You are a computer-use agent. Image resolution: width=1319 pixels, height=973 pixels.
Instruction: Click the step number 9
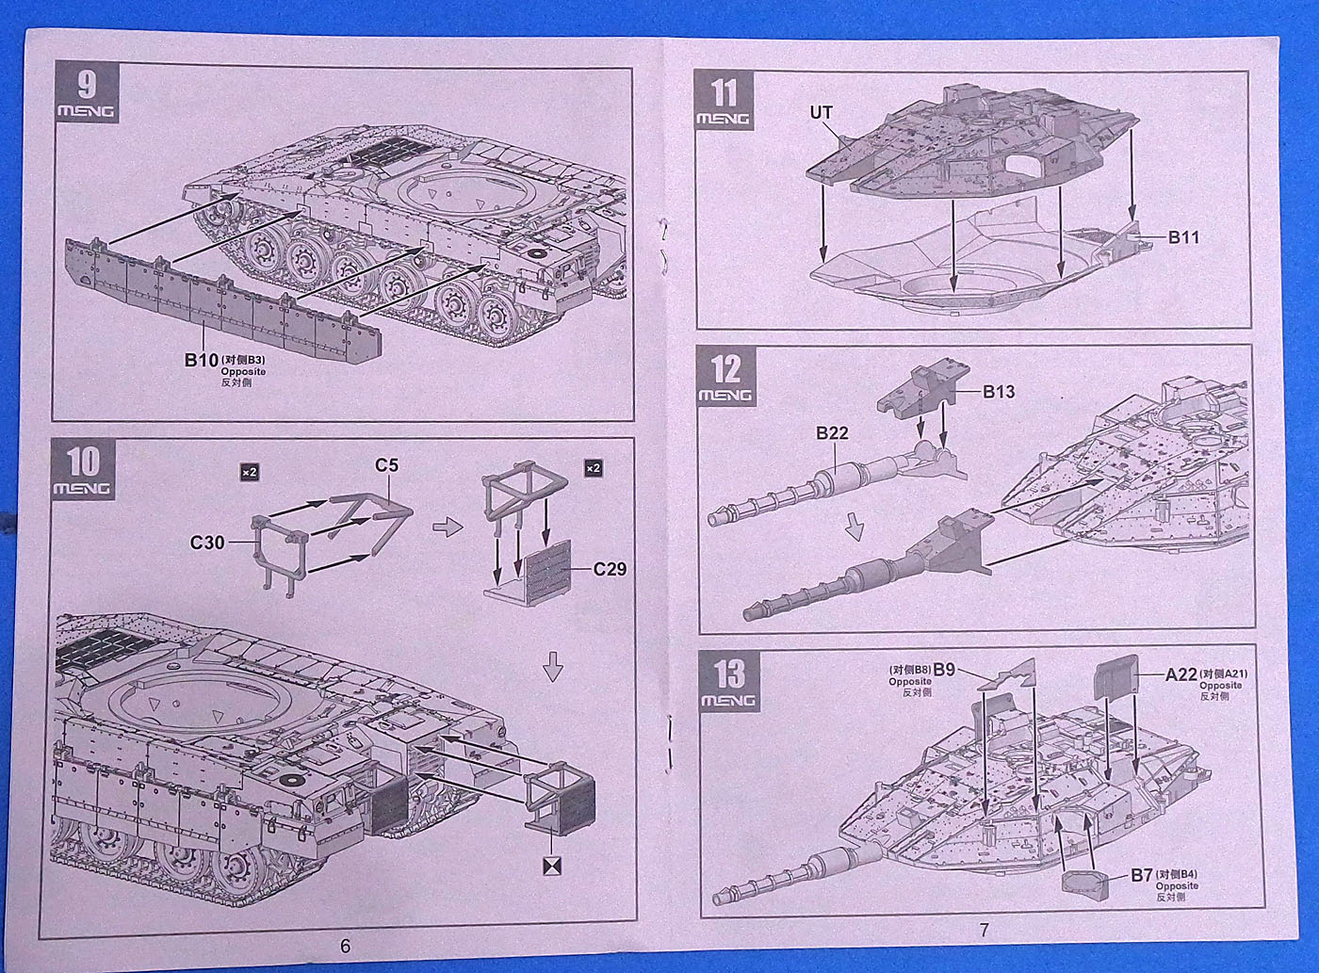(x=86, y=85)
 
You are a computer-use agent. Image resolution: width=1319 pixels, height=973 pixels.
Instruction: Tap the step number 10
(x=85, y=461)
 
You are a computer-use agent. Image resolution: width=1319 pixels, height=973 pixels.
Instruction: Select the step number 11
(x=724, y=94)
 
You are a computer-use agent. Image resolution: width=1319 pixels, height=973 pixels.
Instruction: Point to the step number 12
(x=725, y=369)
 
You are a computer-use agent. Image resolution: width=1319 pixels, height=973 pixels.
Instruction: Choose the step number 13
(x=728, y=673)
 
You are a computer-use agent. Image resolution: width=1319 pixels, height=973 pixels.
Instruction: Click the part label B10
(x=202, y=360)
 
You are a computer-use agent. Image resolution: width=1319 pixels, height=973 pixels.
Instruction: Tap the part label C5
(x=386, y=465)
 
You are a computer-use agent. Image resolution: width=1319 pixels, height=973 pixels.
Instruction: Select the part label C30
(x=206, y=542)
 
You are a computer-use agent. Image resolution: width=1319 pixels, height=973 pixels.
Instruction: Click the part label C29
(x=610, y=569)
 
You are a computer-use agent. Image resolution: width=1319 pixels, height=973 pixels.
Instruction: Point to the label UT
(x=821, y=112)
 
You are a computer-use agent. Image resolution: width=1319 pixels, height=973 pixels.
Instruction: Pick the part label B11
(x=1183, y=237)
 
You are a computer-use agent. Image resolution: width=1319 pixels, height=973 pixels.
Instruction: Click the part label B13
(x=999, y=392)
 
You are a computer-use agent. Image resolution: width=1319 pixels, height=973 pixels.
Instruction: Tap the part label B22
(x=832, y=433)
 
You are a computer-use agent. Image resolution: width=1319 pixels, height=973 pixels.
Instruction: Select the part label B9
(x=945, y=670)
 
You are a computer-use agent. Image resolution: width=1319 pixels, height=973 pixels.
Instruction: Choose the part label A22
(x=1181, y=673)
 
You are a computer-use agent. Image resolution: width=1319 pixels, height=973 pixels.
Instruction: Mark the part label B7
(x=1142, y=875)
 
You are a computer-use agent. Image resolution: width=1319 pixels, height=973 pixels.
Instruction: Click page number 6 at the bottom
(x=345, y=946)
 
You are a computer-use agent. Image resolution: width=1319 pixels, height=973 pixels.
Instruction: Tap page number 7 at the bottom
(x=984, y=931)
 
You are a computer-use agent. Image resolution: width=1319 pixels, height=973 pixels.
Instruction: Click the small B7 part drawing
(x=1083, y=882)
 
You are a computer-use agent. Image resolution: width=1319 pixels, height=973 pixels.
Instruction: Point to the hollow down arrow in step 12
(x=854, y=527)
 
